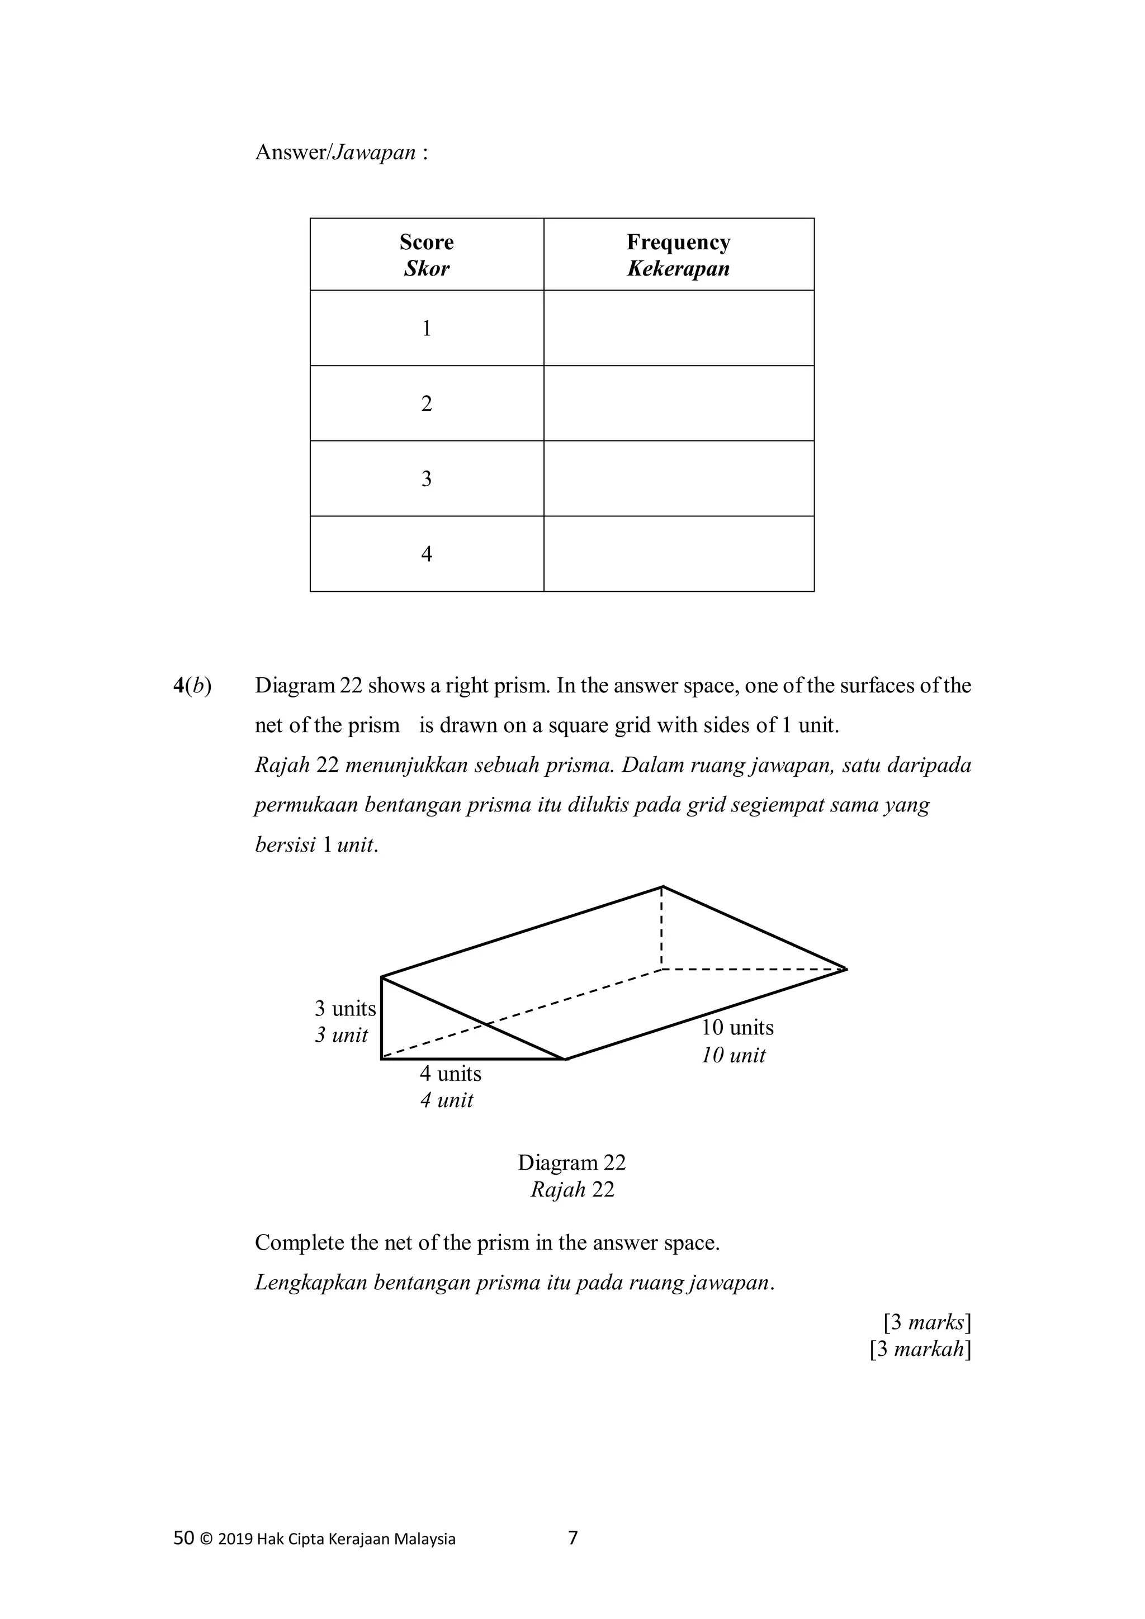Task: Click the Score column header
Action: click(x=426, y=243)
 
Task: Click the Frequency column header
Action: click(x=678, y=243)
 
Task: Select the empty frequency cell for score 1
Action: click(x=678, y=328)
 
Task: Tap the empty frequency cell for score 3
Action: click(x=678, y=479)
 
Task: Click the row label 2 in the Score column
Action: click(x=426, y=404)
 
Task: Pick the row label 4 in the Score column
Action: click(x=426, y=554)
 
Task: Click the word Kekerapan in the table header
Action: click(x=678, y=269)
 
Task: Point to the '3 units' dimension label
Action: click(x=345, y=1009)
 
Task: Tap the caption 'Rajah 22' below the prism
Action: click(x=571, y=1190)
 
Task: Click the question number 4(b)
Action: click(x=192, y=686)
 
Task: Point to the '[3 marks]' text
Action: click(x=927, y=1322)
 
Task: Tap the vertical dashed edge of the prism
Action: click(x=662, y=928)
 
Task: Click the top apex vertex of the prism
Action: click(x=663, y=886)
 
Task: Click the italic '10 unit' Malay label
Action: click(x=733, y=1056)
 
